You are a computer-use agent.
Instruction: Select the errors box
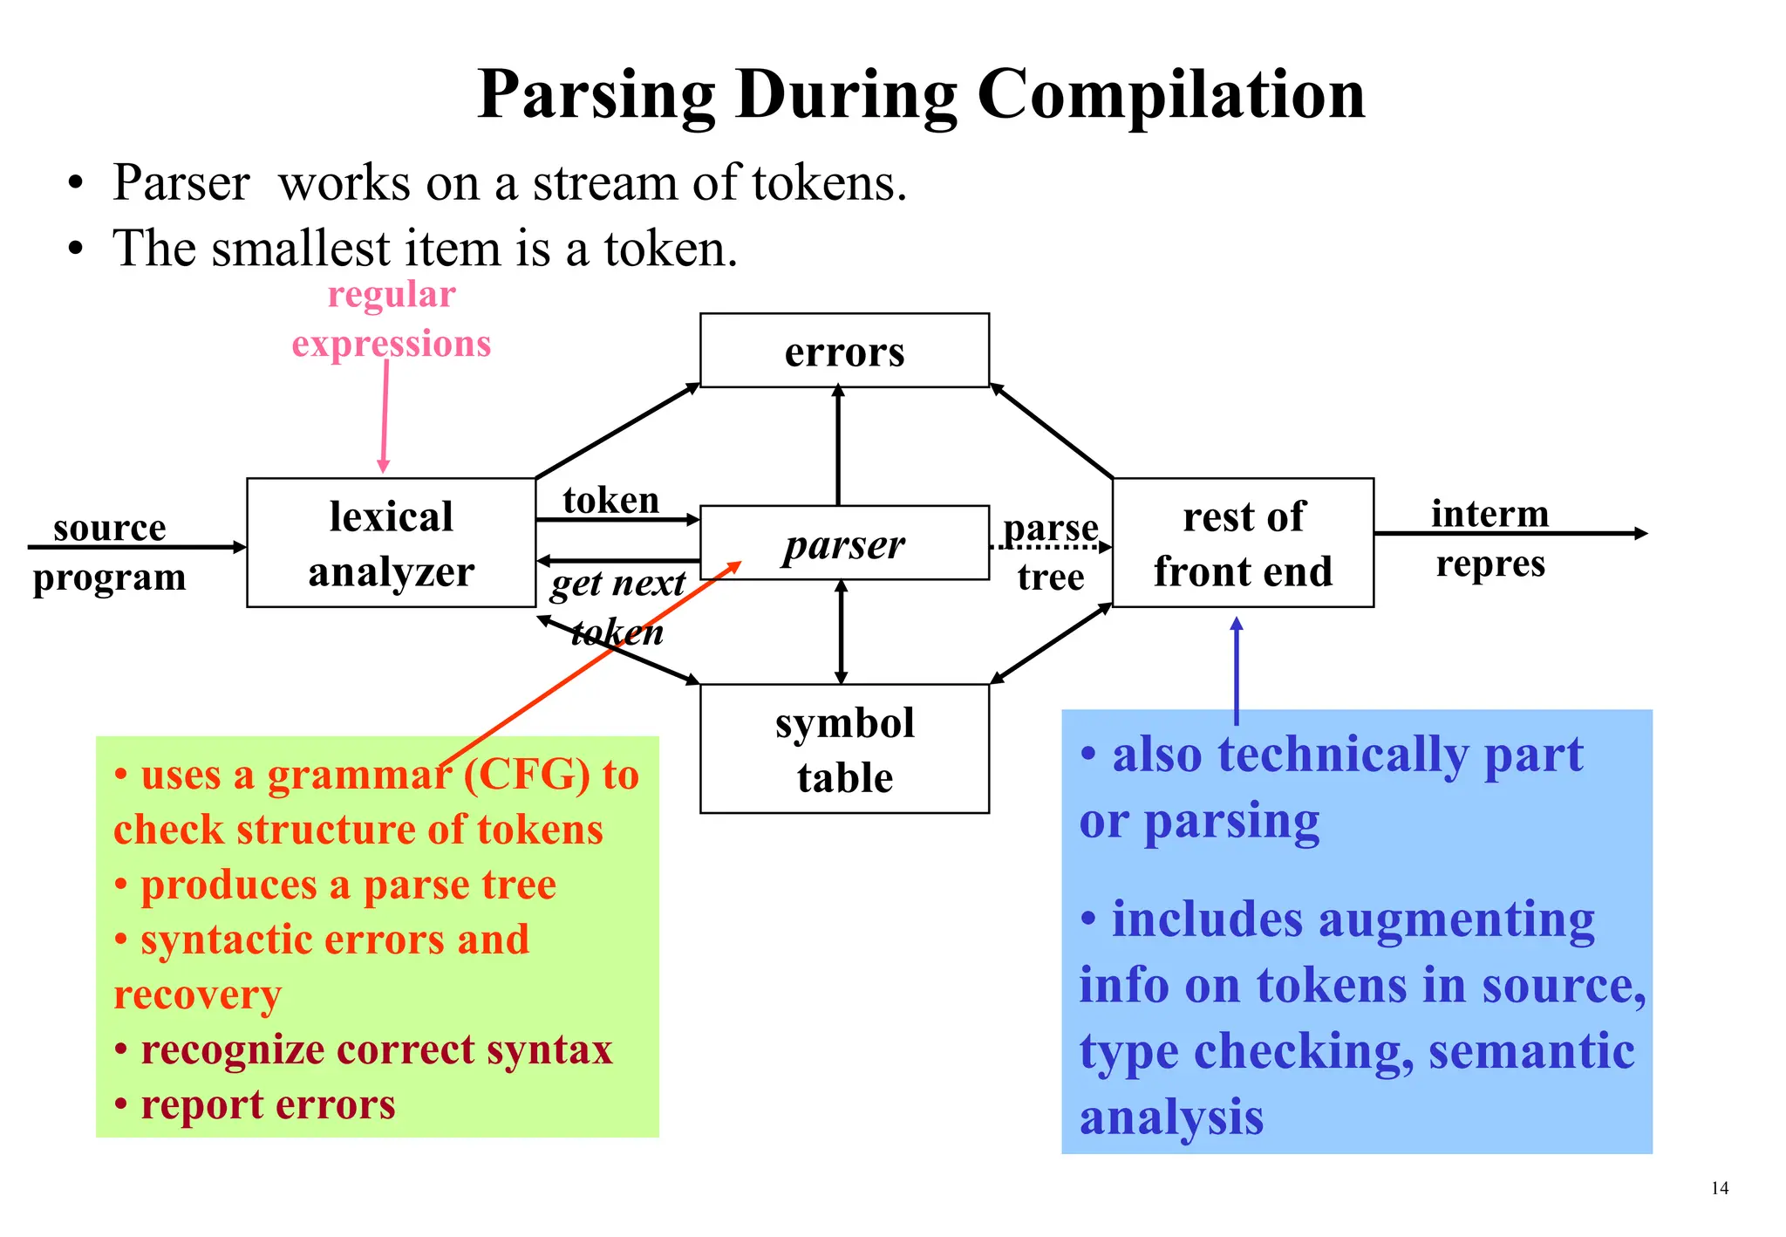844,351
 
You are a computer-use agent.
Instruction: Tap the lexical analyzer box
391,543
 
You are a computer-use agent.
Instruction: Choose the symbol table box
844,749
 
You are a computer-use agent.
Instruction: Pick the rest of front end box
1243,543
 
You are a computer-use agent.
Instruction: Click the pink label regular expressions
392,319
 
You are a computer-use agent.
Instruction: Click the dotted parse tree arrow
1050,548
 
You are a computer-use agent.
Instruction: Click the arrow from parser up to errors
838,445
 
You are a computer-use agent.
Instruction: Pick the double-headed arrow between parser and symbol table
841,632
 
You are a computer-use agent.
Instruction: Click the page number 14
1719,1188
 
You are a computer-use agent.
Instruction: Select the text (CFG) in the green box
527,775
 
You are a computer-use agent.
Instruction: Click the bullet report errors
267,1104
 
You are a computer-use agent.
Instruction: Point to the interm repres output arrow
1509,533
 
